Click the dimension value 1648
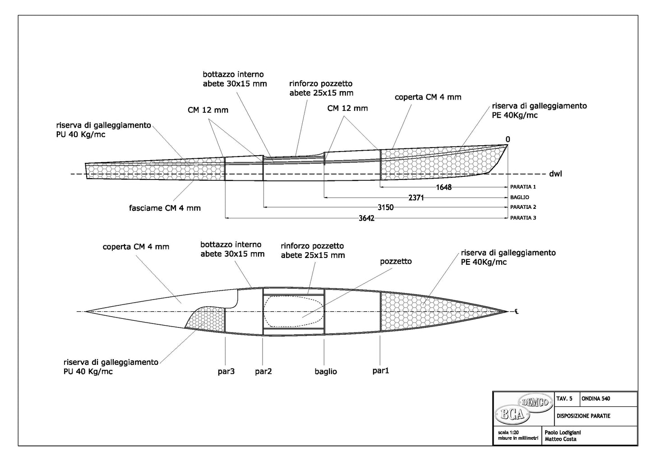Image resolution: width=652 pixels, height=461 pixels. coord(444,187)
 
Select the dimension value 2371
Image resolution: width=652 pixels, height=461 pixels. coord(416,198)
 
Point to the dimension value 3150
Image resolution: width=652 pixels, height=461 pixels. coord(386,207)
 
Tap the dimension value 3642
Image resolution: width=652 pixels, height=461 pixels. coord(366,218)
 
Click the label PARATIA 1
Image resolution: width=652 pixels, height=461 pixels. coord(523,187)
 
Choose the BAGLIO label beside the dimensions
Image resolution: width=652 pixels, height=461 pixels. coord(519,198)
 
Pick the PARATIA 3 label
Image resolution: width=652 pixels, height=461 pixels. coord(523,218)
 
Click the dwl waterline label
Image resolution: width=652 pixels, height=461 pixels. coord(555,174)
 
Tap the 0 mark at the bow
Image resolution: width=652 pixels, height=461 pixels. coord(508,139)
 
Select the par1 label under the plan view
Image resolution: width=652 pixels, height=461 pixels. coord(381,370)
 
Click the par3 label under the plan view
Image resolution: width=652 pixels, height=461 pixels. coord(226,371)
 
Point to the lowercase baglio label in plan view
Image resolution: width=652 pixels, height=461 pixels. coord(326,372)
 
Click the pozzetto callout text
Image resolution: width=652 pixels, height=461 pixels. coord(396,261)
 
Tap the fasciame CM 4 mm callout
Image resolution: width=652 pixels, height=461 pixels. coord(165,208)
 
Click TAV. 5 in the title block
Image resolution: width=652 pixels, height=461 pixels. coord(564,399)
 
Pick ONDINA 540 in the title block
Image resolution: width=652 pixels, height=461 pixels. coord(596,399)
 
